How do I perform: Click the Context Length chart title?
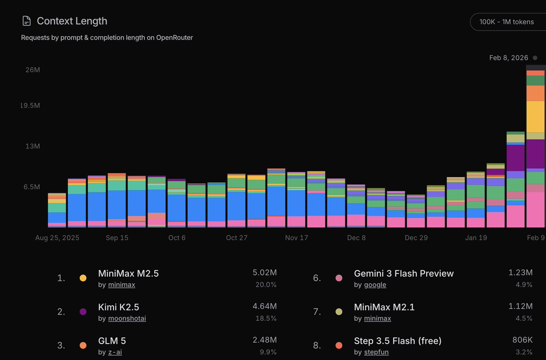[72, 21]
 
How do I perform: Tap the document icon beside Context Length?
[27, 21]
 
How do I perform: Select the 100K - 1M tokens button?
[507, 21]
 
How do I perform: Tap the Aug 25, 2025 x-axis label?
[57, 238]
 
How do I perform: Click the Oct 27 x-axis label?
[237, 238]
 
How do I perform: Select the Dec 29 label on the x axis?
[416, 238]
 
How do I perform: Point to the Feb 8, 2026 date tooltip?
[509, 58]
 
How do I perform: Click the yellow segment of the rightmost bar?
[536, 117]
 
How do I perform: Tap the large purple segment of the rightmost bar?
[536, 154]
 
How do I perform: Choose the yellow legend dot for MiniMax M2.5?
[83, 278]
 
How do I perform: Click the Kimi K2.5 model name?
[119, 307]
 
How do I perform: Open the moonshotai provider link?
[127, 318]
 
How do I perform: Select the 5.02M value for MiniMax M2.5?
[264, 273]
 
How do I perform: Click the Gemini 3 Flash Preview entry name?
[404, 274]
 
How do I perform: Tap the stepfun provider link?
[376, 352]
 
